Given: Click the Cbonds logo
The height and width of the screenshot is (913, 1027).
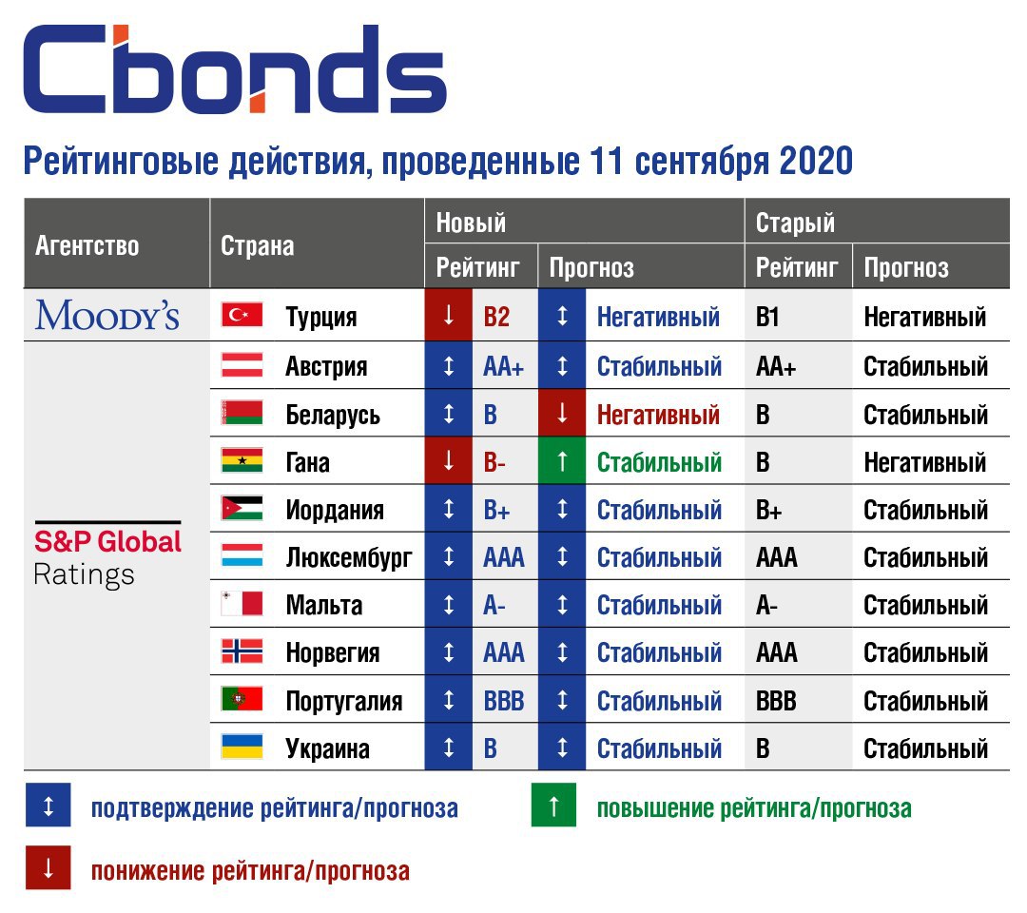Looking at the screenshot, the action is coord(235,68).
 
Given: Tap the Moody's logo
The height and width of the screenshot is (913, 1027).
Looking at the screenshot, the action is coord(107,315).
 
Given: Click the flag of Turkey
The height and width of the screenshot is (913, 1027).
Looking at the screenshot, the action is coord(242,315).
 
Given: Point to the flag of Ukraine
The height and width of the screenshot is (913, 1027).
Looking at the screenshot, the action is coord(242,747).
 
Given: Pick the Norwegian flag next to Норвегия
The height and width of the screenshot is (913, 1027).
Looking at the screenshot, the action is coord(242,651).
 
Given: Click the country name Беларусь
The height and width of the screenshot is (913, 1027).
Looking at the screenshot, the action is coord(333,416).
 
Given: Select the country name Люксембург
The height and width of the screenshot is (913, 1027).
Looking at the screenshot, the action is coord(349,558).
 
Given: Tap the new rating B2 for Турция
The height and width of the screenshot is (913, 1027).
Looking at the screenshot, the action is coord(496,317).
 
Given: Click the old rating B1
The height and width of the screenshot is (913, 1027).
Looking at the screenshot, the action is coord(767,317).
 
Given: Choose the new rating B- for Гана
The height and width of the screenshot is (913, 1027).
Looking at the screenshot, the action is coord(494,462).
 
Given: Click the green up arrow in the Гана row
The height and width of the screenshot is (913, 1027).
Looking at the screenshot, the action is coord(561,461).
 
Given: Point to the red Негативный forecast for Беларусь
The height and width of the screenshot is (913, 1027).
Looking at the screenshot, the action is coord(658,415).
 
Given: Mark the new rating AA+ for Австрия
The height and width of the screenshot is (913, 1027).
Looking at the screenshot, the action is coord(504,366).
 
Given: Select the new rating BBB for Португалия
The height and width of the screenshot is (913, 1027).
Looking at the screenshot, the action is coord(504,701).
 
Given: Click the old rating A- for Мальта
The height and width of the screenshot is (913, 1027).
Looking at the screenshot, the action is coord(767,605).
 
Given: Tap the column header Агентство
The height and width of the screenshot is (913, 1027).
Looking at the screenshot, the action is coord(87,246).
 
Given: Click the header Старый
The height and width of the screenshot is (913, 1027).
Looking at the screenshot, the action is coord(795,223).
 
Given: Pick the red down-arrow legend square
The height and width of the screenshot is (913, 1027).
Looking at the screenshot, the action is coord(48,867).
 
